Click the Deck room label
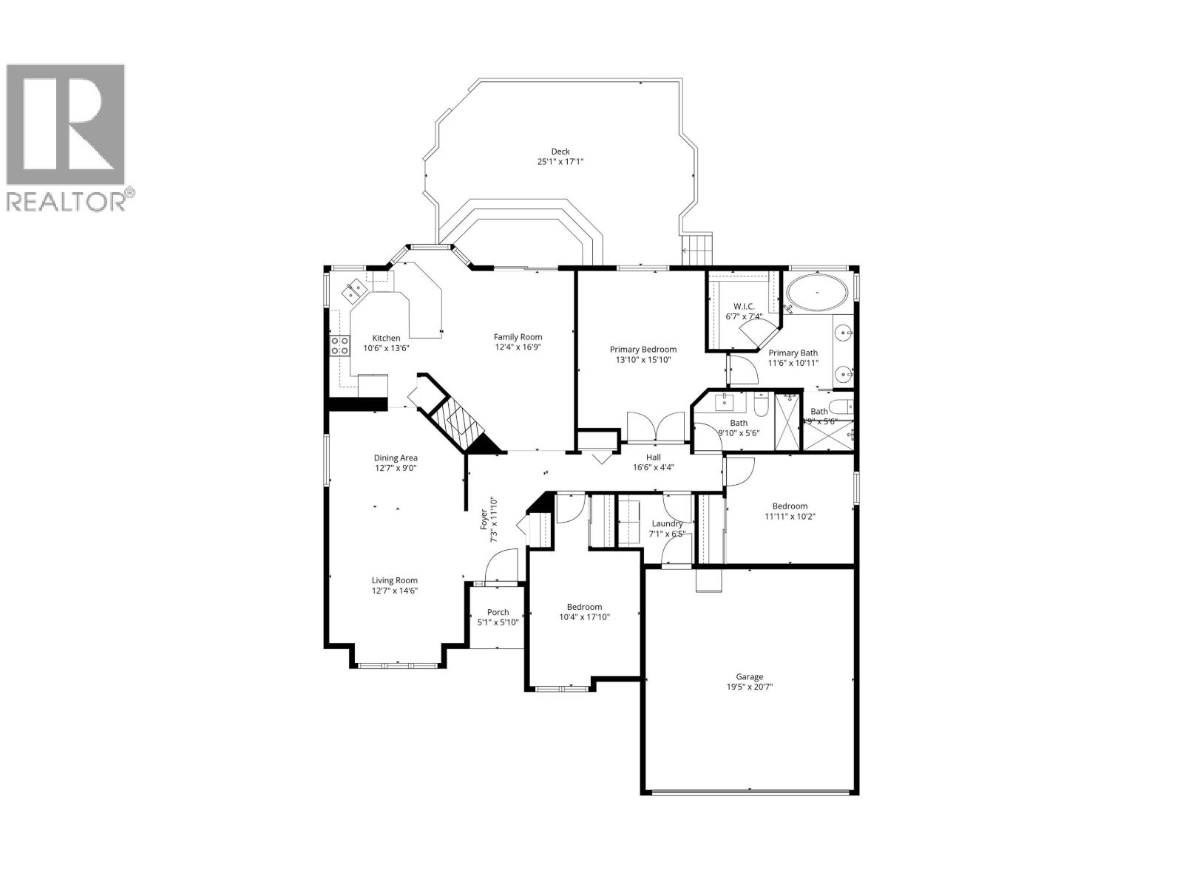coord(560,152)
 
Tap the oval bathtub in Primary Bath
coord(816,293)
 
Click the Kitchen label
coord(386,338)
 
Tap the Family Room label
coord(518,337)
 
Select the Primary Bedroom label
coord(643,350)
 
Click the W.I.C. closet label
coord(743,306)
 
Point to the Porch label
coord(498,612)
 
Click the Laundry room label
coord(667,523)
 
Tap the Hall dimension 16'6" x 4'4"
coord(653,467)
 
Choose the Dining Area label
coord(396,458)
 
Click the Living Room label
coord(395,580)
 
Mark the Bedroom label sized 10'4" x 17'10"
coord(584,607)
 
